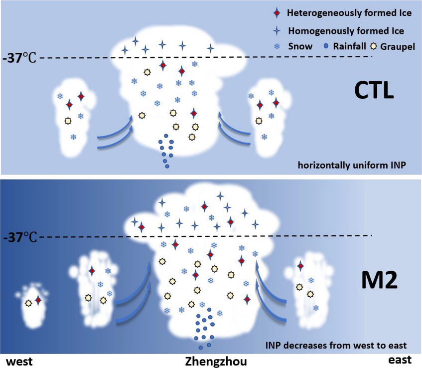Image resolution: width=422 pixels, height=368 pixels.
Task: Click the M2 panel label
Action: coord(379,280)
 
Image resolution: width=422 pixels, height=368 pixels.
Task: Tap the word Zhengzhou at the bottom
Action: coord(215,361)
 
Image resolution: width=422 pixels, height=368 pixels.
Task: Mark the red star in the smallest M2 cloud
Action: coord(38,301)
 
